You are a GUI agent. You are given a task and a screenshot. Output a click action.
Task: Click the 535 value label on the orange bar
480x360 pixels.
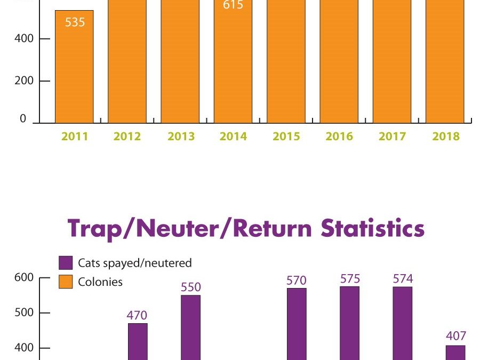(75, 23)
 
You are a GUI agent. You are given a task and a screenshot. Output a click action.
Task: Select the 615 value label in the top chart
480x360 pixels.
(233, 5)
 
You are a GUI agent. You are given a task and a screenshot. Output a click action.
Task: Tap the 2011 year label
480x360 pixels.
(75, 137)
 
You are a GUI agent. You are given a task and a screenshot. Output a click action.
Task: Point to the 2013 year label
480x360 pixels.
(181, 137)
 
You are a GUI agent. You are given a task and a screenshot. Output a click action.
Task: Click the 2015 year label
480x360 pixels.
(286, 137)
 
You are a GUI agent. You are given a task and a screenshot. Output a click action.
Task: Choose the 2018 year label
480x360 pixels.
(446, 137)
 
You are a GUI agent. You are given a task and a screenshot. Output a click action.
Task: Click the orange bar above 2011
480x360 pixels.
(74, 69)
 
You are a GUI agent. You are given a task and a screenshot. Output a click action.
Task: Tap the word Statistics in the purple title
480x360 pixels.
(373, 228)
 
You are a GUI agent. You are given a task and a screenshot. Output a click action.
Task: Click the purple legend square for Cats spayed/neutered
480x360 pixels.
(65, 263)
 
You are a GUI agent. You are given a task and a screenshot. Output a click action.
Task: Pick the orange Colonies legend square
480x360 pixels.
(65, 282)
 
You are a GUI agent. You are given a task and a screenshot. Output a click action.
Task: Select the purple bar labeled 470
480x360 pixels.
(138, 341)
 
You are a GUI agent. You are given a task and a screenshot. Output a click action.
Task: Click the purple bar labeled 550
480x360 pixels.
(190, 327)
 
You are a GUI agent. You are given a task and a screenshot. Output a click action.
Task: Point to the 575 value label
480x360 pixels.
(350, 279)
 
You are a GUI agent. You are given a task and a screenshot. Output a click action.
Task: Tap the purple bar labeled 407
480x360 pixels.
(455, 353)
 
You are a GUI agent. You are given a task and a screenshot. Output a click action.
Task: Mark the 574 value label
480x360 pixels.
(403, 279)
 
